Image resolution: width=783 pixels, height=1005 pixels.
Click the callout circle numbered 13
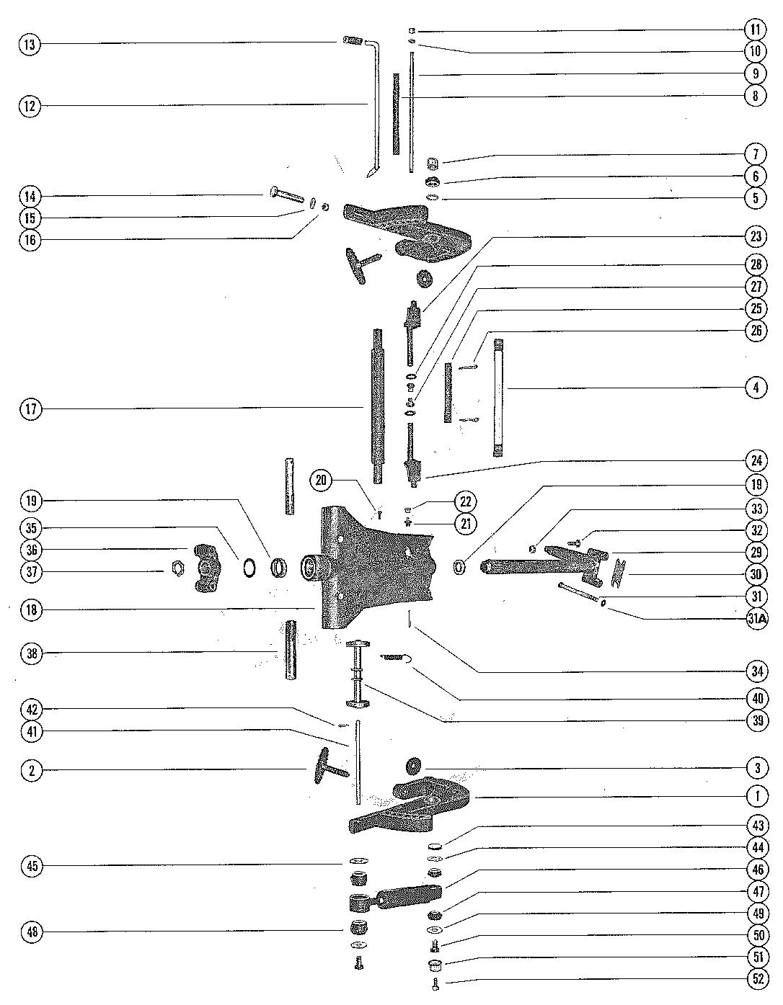point(30,45)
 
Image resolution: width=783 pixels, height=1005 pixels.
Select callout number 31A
point(756,619)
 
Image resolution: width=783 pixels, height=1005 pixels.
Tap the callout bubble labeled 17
point(30,409)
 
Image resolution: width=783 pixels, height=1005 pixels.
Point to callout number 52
point(756,981)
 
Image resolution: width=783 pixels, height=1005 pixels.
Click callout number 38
point(30,654)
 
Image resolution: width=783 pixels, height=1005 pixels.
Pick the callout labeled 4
point(756,388)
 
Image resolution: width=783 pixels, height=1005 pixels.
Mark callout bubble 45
point(30,866)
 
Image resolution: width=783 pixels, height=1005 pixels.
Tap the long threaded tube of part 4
point(497,398)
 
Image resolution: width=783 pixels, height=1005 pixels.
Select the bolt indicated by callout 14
point(286,195)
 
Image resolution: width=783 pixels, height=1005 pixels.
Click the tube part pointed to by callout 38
point(292,651)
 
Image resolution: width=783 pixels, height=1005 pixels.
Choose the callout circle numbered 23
point(756,236)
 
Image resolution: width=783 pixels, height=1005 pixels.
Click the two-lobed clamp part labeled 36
point(207,568)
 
